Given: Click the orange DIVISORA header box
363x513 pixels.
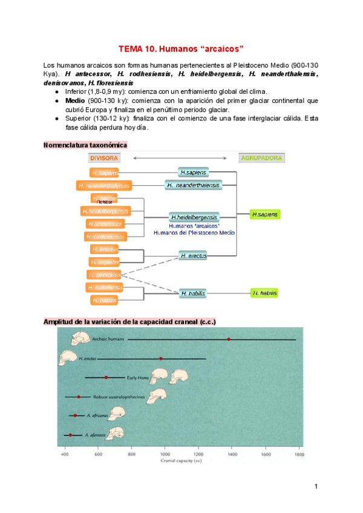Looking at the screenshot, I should [x=105, y=158].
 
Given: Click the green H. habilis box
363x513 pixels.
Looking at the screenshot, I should [x=265, y=293].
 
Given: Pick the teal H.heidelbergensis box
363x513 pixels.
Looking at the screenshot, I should [x=194, y=217].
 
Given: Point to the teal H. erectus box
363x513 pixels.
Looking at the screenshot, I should [x=194, y=255].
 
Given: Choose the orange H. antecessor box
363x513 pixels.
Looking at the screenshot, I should [x=105, y=223].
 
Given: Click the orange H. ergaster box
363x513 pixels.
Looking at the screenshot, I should [x=105, y=261].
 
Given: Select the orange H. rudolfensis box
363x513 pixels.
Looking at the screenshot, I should [x=105, y=287].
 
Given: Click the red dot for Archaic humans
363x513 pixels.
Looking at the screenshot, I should [x=229, y=339].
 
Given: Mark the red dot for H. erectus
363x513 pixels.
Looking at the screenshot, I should [x=160, y=359].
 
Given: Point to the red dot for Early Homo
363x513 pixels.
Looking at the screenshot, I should [x=106, y=377].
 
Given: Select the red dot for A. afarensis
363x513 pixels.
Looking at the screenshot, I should [x=70, y=435].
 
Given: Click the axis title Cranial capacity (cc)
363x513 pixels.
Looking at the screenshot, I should [x=181, y=460].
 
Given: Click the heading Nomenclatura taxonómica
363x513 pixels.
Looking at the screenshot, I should [x=85, y=145].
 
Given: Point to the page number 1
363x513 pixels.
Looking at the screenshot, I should [x=316, y=486].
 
